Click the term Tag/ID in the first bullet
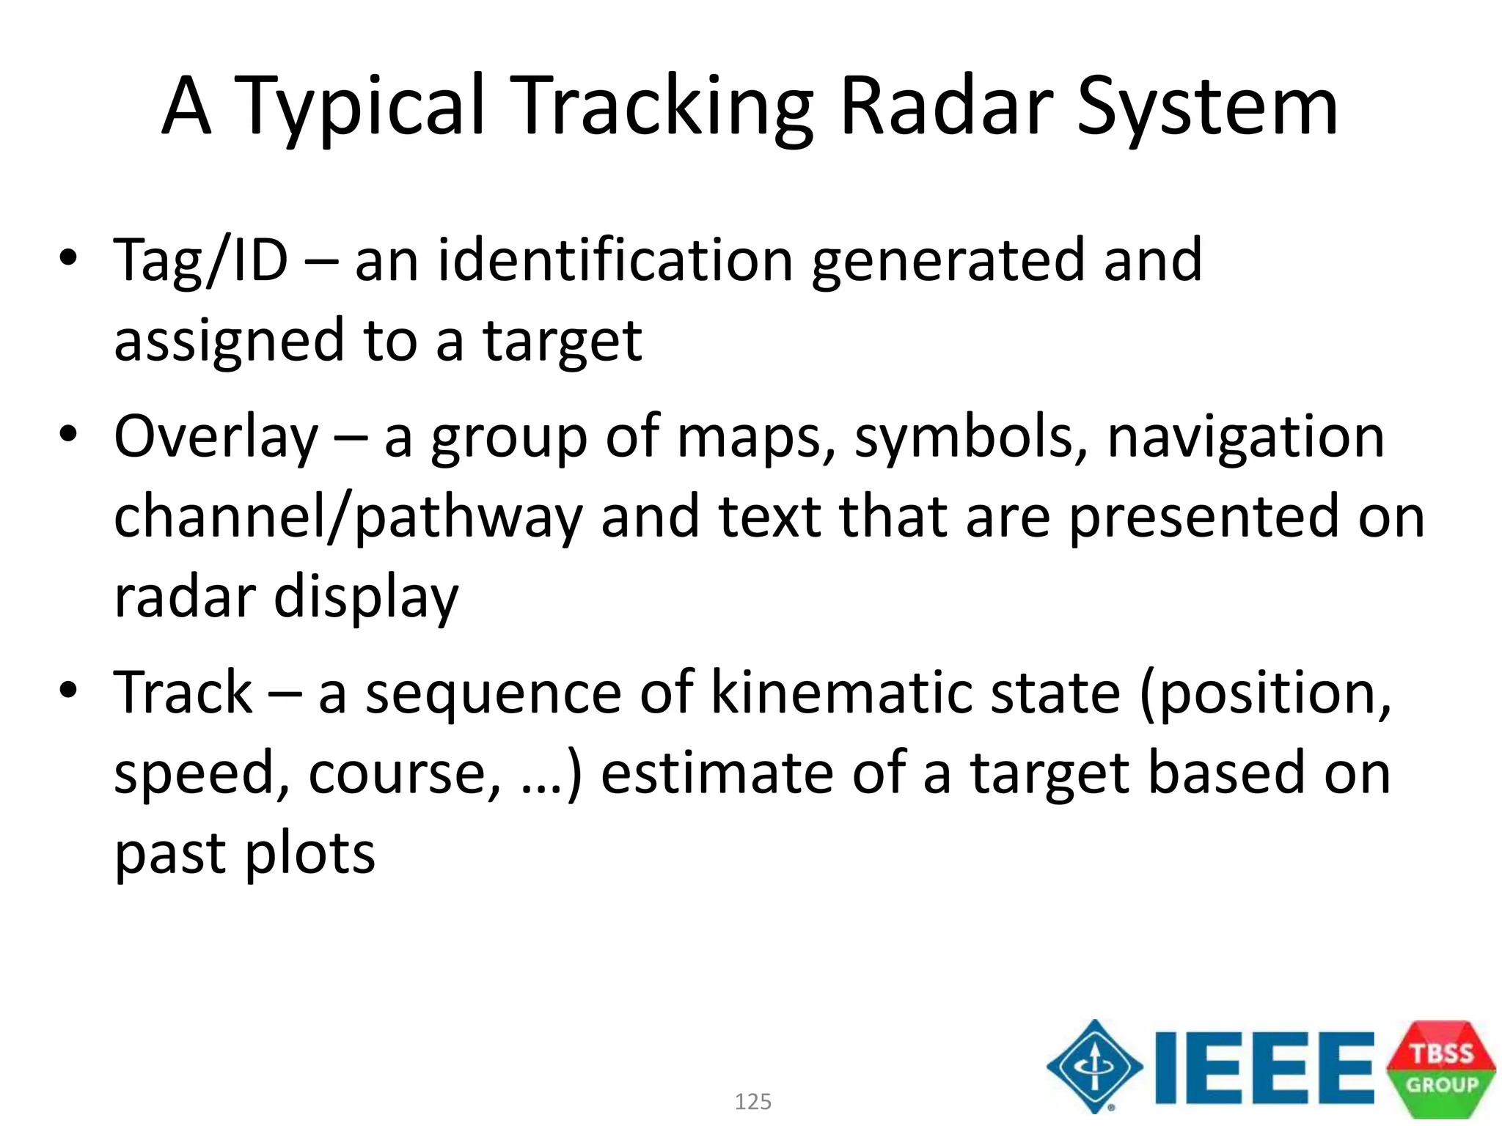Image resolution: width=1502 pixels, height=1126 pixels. tap(200, 261)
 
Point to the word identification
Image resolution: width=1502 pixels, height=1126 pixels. tap(615, 261)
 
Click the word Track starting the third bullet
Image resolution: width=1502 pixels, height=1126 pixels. tap(183, 693)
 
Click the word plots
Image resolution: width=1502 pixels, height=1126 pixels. tap(309, 854)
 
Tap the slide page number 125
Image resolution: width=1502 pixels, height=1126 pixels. tap(752, 1102)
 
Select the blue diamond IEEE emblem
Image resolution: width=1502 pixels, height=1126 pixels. tap(1094, 1067)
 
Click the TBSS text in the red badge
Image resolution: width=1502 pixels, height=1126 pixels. tap(1441, 1053)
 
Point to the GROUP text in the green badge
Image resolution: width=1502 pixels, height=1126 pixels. tap(1441, 1085)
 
